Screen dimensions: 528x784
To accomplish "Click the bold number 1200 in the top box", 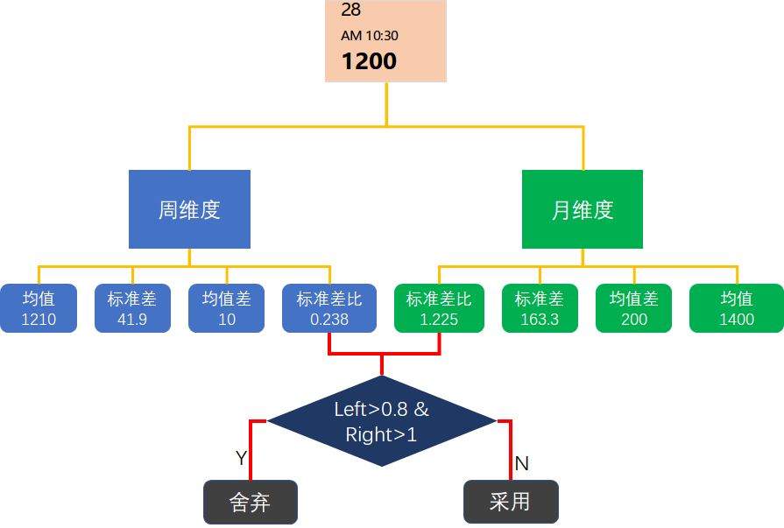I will pos(369,61).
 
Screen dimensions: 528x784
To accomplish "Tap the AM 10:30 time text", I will pos(369,36).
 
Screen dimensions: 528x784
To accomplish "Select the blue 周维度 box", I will pos(189,209).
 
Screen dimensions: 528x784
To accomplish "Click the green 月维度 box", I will pos(583,209).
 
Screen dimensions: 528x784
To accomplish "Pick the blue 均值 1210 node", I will pos(39,308).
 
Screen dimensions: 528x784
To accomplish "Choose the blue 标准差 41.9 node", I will pos(132,308).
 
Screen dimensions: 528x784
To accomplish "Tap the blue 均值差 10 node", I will pos(226,308).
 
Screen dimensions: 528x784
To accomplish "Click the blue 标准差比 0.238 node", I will pos(329,308).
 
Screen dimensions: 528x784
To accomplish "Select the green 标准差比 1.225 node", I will pos(439,308).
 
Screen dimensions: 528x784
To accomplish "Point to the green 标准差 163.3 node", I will pos(540,308).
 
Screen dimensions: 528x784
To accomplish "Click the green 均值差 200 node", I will pos(633,308).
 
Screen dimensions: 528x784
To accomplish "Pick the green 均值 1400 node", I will pos(736,308).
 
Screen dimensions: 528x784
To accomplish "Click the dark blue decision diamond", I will pos(382,421).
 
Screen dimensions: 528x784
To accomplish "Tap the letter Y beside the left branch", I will pos(241,458).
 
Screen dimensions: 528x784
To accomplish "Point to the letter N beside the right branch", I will pos(521,463).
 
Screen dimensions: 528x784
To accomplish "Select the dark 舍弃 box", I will pos(251,502).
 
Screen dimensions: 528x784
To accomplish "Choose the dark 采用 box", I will pos(511,502).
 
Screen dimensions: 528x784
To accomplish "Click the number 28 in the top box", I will pos(350,11).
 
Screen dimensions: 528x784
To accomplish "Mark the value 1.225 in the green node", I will pos(439,320).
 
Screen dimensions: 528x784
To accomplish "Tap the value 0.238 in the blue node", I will pos(329,320).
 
